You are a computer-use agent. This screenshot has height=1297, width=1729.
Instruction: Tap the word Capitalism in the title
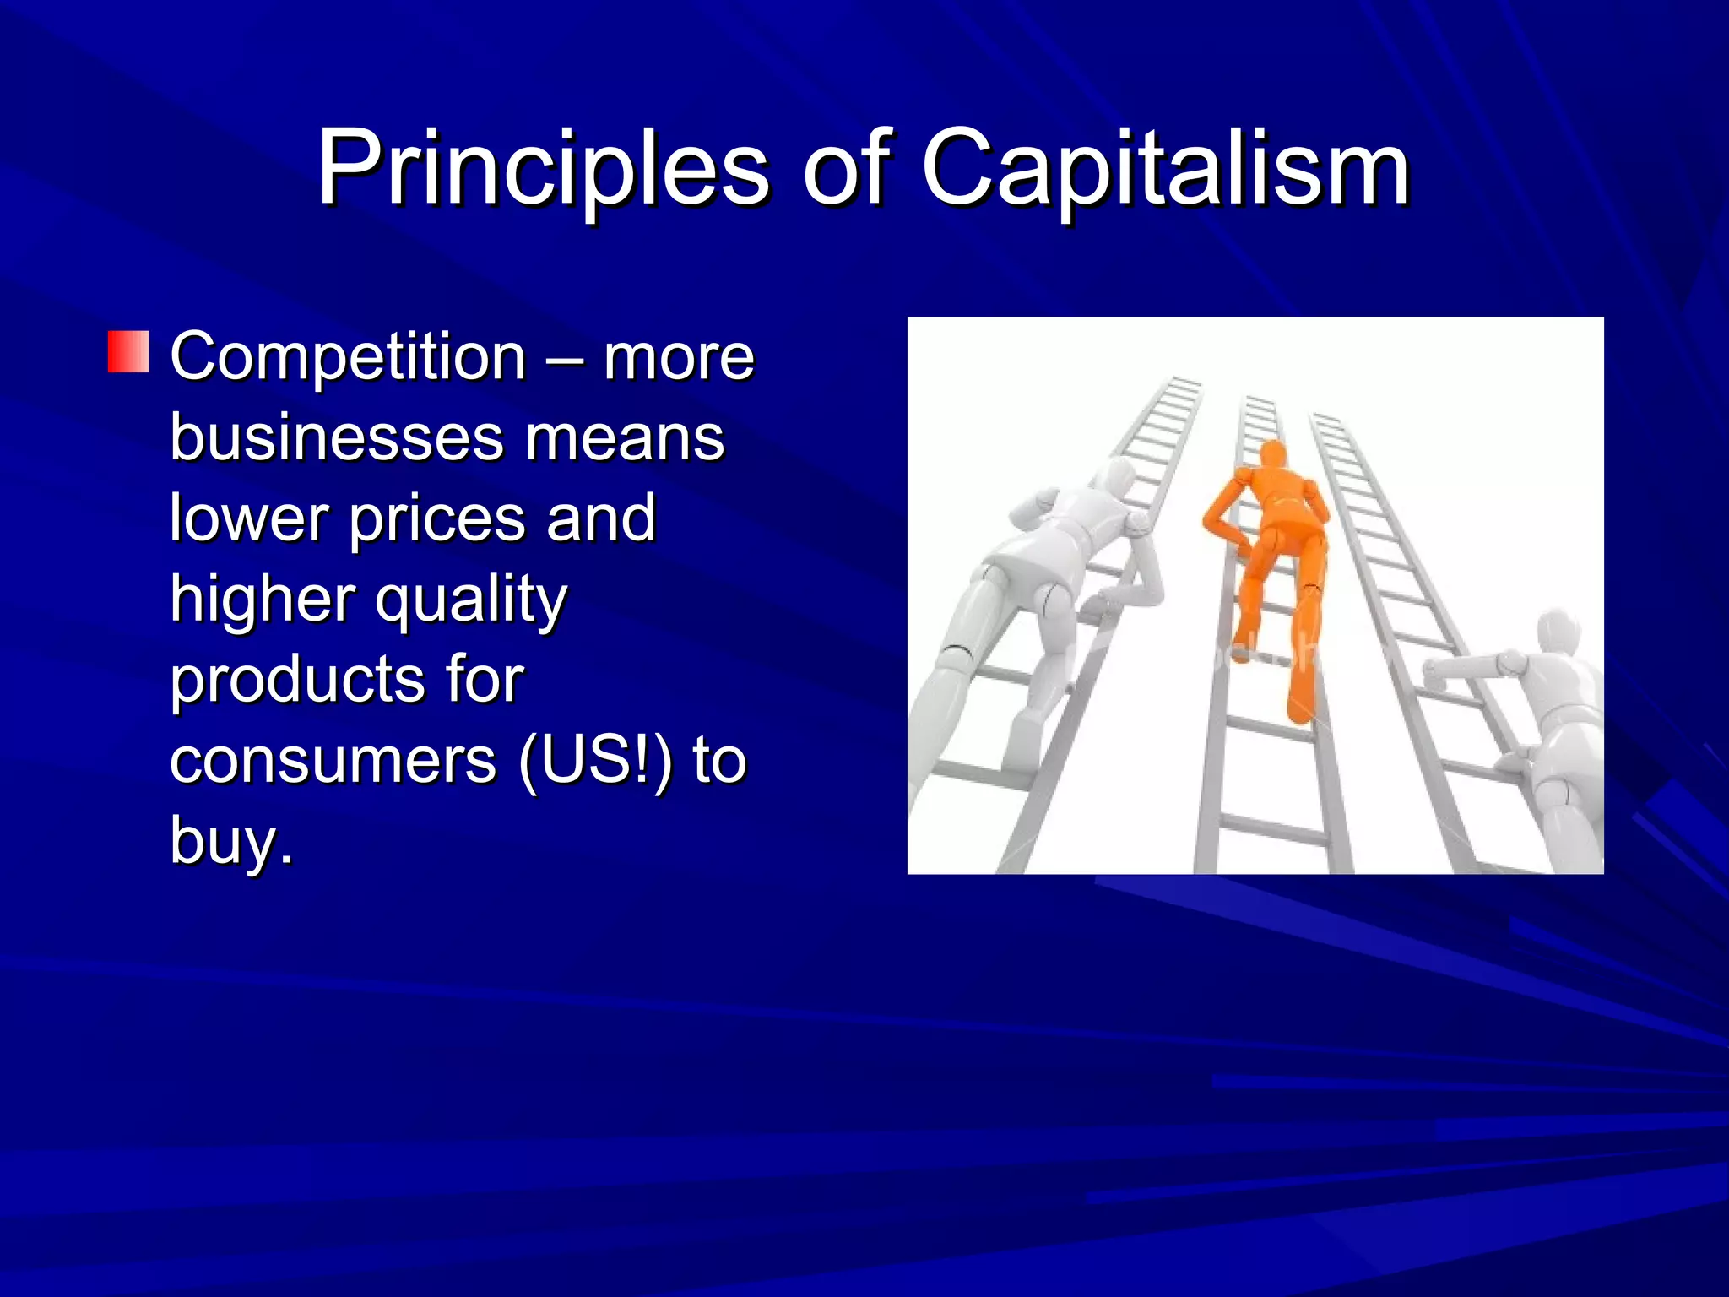[1166, 168]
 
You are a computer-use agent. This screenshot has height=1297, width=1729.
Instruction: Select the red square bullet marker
[128, 352]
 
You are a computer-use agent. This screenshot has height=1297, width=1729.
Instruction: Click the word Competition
[348, 358]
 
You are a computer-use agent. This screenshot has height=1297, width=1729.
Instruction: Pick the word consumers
[333, 761]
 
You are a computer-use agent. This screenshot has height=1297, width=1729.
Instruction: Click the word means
[625, 439]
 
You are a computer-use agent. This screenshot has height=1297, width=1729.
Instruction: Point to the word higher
[261, 599]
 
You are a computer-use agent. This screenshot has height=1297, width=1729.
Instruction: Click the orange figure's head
[1272, 456]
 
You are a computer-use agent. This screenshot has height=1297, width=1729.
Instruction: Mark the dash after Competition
[563, 358]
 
